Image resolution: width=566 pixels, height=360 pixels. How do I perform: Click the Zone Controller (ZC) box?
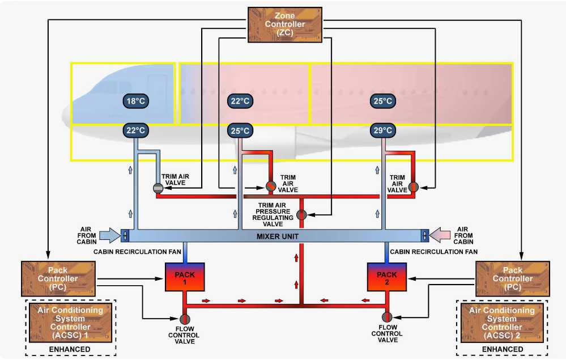coord(285,24)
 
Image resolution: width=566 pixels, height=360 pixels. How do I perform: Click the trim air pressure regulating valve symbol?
coord(302,215)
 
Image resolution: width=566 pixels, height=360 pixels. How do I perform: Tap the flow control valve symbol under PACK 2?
coord(387,316)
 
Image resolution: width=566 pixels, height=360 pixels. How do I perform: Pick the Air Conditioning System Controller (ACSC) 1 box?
coord(70,323)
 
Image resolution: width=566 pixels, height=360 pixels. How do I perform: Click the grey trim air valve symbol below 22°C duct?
coord(158,188)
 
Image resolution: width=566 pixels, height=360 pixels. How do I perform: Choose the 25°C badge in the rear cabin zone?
coord(382,101)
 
